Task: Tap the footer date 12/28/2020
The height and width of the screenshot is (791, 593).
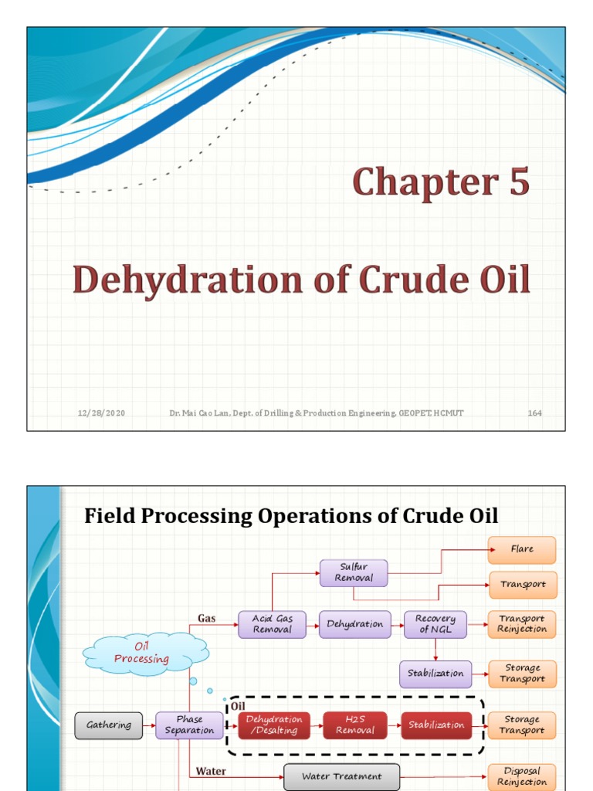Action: [101, 413]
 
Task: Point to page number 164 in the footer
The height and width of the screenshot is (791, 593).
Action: [534, 413]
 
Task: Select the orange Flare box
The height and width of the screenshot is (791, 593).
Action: [522, 549]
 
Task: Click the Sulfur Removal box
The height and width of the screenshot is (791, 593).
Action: [354, 572]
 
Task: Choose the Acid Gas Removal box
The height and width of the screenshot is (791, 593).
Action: [272, 624]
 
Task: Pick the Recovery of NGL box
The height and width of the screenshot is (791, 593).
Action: [435, 624]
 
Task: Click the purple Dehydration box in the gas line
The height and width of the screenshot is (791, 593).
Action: [354, 624]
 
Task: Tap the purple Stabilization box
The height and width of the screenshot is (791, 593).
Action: [435, 674]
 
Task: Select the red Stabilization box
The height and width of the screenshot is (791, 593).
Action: [436, 725]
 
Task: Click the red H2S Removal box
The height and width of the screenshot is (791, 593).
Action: [355, 725]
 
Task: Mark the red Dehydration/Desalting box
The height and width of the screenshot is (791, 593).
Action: [274, 725]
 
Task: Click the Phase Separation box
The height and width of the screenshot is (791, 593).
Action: [189, 725]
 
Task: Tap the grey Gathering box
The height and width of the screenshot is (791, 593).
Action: [109, 725]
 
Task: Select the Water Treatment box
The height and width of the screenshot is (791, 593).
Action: [341, 776]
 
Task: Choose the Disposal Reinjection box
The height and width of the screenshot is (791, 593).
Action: [522, 776]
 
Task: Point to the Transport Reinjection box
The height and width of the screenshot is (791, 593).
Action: [522, 624]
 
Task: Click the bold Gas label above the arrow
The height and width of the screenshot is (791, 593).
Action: [206, 618]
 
